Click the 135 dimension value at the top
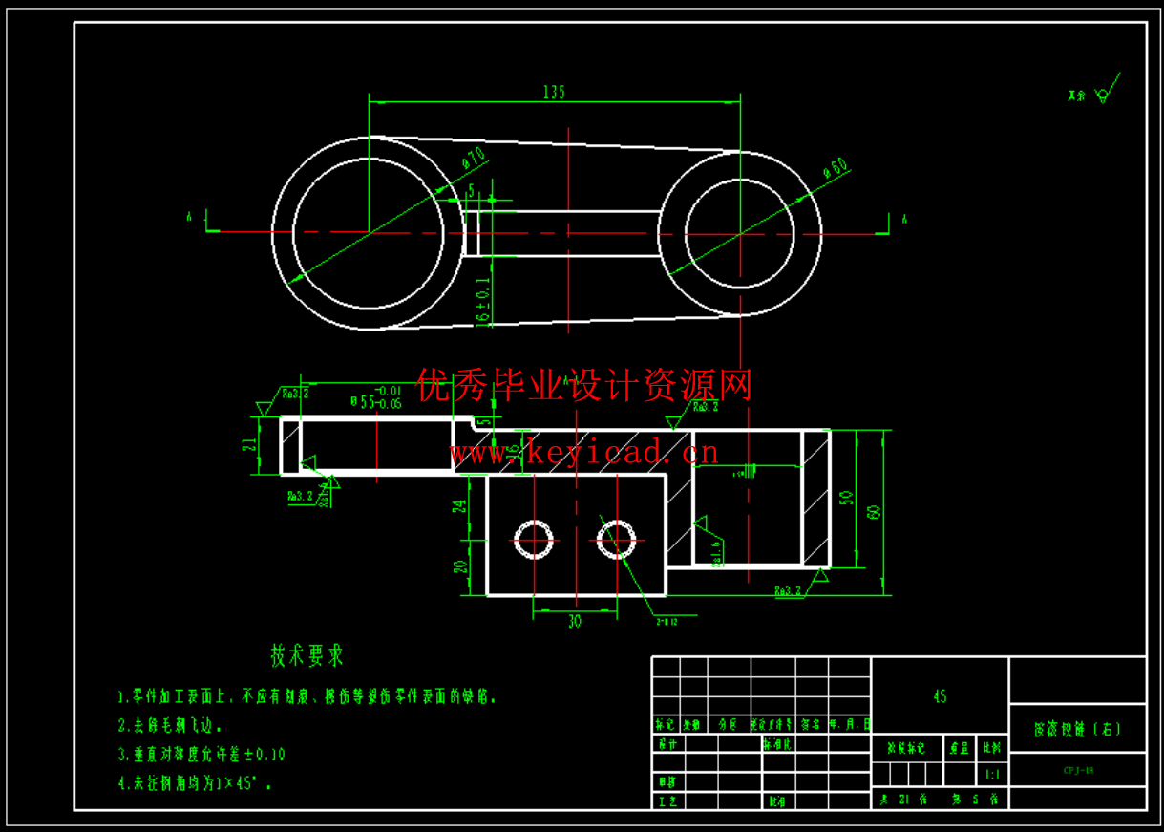[554, 92]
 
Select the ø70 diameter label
[475, 159]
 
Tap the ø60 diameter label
[836, 168]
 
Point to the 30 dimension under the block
[574, 622]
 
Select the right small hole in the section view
[617, 540]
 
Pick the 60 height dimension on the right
[874, 512]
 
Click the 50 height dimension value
[845, 498]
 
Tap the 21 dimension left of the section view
[249, 445]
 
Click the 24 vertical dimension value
[460, 506]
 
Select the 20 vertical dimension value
[460, 567]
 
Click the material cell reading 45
[940, 697]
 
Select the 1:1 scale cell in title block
[992, 776]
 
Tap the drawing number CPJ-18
[1078, 769]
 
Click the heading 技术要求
[307, 656]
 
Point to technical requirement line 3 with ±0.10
[201, 755]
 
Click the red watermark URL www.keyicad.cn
[583, 452]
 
